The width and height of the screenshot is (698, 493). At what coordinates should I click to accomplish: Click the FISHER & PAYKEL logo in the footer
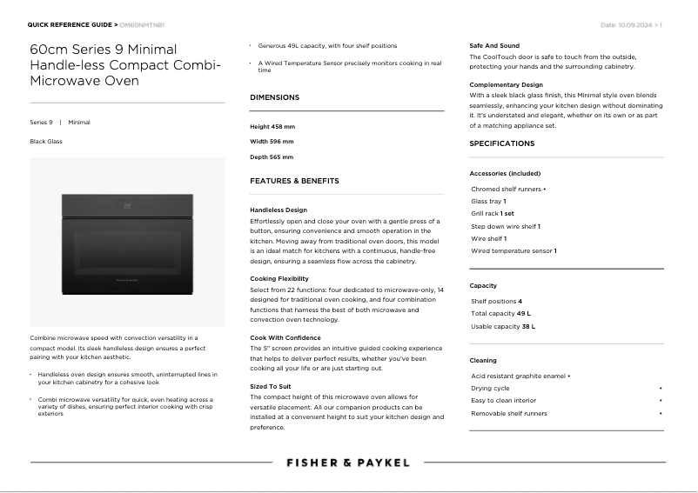click(348, 463)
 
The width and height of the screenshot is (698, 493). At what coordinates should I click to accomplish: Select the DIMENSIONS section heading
click(274, 97)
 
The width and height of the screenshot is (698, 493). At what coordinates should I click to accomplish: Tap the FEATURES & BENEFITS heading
click(294, 181)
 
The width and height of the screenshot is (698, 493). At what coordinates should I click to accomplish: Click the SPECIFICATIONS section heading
click(502, 143)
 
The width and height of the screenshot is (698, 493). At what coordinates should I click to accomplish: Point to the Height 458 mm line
click(272, 127)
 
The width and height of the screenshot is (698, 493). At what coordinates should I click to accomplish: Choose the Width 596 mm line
click(272, 142)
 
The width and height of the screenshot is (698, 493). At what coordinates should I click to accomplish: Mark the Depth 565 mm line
click(272, 157)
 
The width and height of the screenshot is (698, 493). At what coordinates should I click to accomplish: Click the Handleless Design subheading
click(279, 210)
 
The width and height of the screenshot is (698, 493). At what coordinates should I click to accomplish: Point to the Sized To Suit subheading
click(270, 385)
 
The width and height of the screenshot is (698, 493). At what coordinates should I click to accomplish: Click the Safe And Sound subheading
click(494, 45)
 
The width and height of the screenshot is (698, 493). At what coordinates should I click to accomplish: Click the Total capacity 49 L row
click(500, 313)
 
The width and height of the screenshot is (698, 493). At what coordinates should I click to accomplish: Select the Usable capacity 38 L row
click(503, 326)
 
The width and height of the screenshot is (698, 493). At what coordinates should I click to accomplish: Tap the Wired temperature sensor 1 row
click(513, 250)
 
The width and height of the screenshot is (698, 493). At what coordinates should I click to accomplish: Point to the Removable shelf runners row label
click(509, 413)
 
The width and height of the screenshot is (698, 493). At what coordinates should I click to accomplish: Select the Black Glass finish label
click(46, 141)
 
